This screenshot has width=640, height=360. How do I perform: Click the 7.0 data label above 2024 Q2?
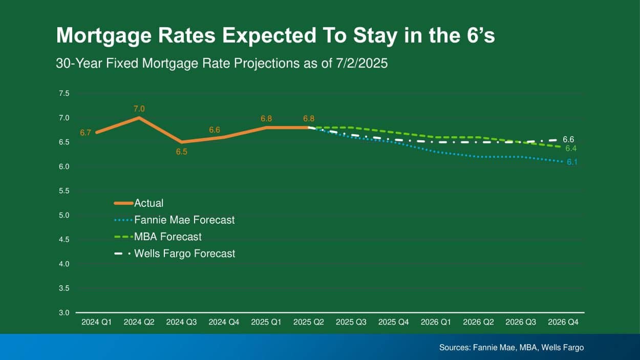tap(139, 109)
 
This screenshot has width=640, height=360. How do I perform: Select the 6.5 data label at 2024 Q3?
tap(182, 152)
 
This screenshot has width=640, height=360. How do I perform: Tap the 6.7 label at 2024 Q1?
tap(86, 133)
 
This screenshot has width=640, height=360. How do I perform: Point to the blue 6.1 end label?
tap(572, 162)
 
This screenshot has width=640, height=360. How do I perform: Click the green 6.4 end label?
tap(571, 149)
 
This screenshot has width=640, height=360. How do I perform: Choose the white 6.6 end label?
tap(568, 139)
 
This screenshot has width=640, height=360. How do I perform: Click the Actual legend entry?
tap(148, 203)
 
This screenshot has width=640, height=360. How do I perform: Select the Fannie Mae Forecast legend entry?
tap(184, 220)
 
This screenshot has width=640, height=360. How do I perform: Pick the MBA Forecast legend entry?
tap(167, 237)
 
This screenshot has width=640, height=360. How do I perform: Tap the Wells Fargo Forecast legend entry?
tap(184, 253)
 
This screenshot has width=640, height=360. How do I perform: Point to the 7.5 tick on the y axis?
tap(63, 93)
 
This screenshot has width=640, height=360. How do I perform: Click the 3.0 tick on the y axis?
tap(63, 312)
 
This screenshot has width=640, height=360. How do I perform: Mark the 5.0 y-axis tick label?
tap(63, 215)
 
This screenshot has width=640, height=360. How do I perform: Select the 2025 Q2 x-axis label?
tap(309, 322)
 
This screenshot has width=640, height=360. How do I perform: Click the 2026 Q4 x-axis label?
tap(563, 322)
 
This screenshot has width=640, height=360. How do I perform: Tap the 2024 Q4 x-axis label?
tap(224, 322)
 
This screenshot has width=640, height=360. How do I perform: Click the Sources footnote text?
tap(511, 347)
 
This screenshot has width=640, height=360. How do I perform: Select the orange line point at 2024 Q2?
tap(139, 118)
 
